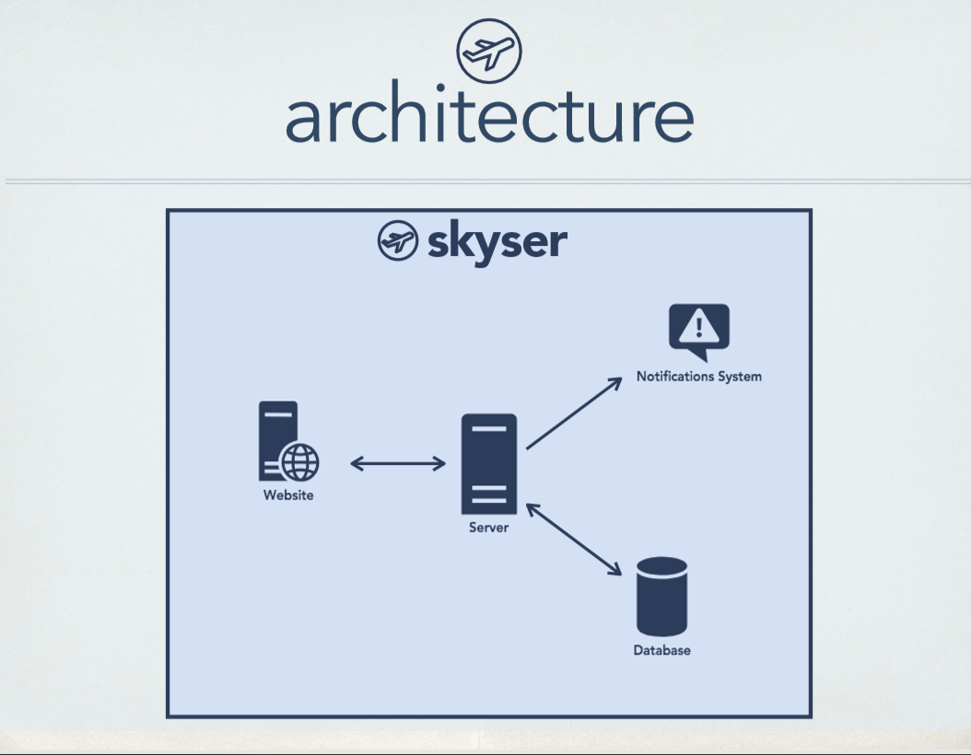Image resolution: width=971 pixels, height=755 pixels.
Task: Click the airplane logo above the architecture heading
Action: [488, 52]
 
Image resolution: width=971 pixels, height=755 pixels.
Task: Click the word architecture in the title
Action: [488, 117]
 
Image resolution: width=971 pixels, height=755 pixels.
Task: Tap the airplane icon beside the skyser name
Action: [398, 241]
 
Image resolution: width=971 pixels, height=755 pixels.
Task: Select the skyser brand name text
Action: [497, 243]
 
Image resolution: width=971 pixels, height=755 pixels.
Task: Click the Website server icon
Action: [279, 440]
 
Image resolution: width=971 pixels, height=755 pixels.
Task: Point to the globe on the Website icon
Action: [300, 461]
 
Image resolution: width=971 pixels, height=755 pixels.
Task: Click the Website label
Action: [288, 495]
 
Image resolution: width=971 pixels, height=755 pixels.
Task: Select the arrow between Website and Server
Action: [398, 464]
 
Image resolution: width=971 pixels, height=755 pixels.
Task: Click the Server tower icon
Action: [489, 464]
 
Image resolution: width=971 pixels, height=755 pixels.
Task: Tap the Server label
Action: [488, 528]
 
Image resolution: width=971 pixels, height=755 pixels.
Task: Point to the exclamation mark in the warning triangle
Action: [699, 325]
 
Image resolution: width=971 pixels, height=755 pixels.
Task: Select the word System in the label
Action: [743, 377]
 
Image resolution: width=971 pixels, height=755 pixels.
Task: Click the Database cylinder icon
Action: [661, 597]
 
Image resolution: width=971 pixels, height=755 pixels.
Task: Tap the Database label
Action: [661, 650]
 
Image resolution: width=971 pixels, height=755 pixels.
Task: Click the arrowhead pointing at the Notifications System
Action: [616, 382]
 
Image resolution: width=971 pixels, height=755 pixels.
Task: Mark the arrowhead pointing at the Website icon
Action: [357, 464]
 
